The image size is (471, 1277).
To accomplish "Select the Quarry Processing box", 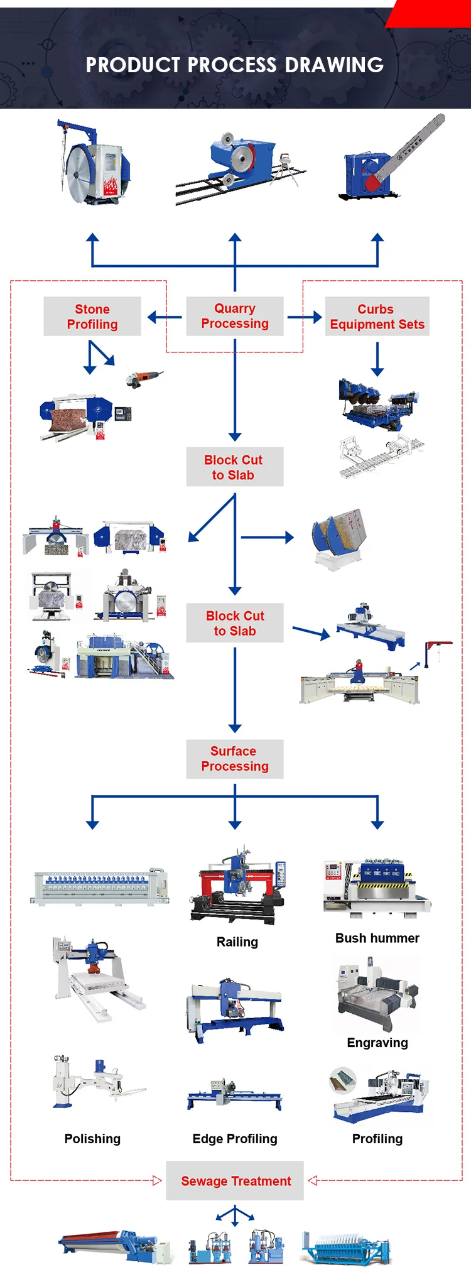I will click(235, 316).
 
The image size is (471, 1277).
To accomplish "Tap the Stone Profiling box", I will click(92, 317).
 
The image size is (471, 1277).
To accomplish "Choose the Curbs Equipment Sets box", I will click(377, 317).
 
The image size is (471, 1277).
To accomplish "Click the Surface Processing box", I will click(235, 759).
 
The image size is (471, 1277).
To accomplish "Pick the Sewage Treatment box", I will click(235, 1181).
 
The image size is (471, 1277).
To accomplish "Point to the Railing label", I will click(237, 942).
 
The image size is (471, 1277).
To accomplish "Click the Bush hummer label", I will click(377, 938).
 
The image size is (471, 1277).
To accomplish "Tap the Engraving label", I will click(377, 1043).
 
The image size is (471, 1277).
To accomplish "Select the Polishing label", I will click(92, 1139).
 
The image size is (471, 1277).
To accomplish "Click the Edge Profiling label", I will click(235, 1139).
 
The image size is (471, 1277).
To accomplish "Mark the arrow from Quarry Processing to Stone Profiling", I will click(164, 317).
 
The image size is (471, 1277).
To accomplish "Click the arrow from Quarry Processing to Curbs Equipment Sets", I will click(305, 317).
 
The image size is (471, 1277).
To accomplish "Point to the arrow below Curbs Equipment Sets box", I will click(377, 359).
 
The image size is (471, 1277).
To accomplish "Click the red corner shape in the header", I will click(430, 13).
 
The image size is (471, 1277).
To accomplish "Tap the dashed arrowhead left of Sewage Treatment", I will click(156, 1181).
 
